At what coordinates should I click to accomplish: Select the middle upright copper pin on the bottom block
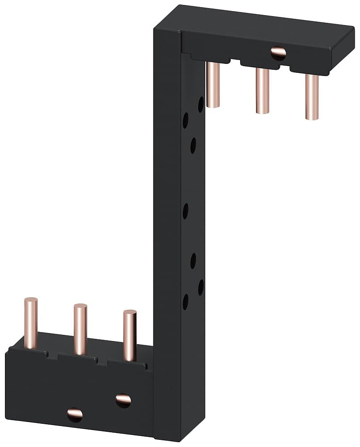point(80,329)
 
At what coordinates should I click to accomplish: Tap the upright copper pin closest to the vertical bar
point(130,335)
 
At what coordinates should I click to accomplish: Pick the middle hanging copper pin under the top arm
point(262,89)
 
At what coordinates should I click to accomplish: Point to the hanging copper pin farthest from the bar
point(312,96)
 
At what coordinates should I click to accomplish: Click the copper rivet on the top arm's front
point(278,53)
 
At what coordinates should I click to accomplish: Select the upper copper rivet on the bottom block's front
point(123,399)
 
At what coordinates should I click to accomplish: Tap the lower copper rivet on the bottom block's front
point(75,415)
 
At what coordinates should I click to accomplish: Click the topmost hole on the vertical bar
point(201,104)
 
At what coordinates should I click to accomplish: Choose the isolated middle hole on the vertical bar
point(185,210)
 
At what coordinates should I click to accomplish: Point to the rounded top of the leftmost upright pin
point(31,300)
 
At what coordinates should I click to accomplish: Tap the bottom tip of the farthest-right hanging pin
point(312,117)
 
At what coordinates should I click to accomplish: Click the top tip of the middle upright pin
point(80,307)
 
